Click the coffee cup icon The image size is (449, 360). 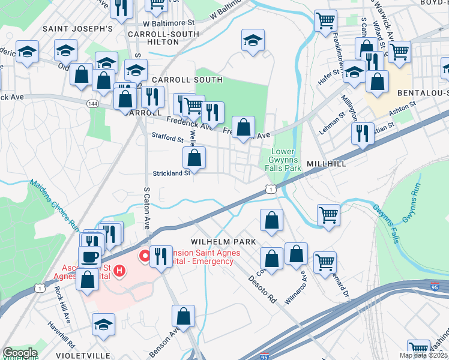[90, 256]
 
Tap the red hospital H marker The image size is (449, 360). [119, 271]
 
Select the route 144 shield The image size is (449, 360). [92, 103]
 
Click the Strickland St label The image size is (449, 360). [170, 173]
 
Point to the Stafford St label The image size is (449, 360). [167, 138]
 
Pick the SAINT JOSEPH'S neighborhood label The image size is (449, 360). [77, 28]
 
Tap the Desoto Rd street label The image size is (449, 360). [262, 287]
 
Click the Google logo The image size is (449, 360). [20, 353]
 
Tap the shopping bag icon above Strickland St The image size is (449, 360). [194, 158]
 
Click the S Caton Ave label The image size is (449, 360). [146, 207]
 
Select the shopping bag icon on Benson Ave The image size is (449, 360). [184, 316]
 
